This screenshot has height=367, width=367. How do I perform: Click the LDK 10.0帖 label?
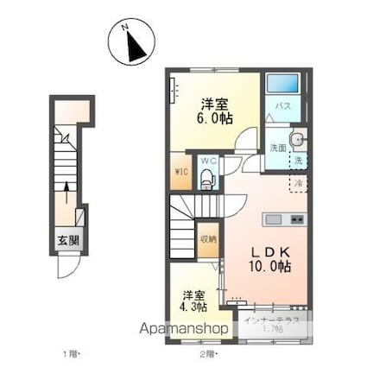(x=271, y=258)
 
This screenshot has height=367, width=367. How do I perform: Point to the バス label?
(x=282, y=106)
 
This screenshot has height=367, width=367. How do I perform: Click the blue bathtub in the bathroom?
(x=282, y=85)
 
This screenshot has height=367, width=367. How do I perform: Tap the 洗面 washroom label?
(x=275, y=146)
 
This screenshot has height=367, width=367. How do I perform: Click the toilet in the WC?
(x=206, y=178)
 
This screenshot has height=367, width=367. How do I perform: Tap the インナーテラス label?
(x=272, y=320)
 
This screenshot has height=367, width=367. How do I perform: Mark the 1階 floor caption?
(x=67, y=354)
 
